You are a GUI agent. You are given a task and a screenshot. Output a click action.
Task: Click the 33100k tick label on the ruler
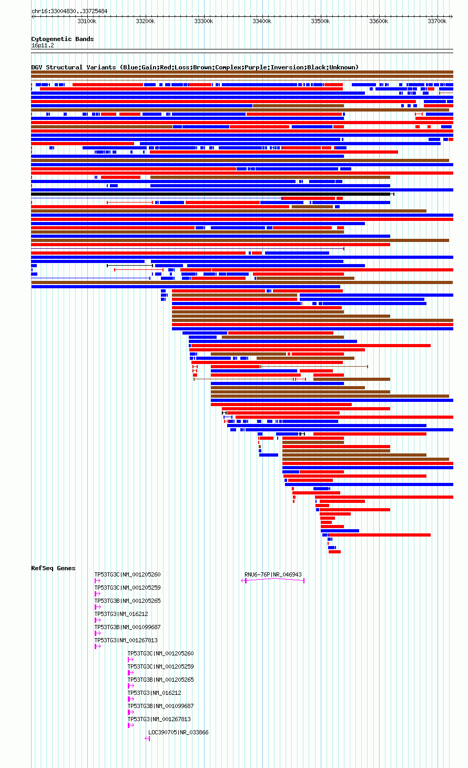click(x=87, y=21)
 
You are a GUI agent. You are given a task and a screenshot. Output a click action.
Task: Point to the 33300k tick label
click(x=204, y=21)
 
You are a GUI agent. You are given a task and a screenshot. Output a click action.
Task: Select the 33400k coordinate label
click(x=262, y=21)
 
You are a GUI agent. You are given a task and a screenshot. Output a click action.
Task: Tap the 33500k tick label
click(x=320, y=21)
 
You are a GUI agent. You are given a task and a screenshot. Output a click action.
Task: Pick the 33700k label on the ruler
click(x=437, y=21)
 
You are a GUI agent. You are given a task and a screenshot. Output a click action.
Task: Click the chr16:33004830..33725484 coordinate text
click(x=69, y=12)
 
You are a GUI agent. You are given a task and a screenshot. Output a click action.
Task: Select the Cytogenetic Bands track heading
click(x=63, y=39)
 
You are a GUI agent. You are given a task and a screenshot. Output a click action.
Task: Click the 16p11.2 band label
click(x=43, y=46)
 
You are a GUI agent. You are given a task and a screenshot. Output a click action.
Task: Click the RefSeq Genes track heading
click(x=53, y=568)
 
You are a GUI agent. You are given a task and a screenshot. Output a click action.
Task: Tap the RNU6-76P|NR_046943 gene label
click(x=273, y=574)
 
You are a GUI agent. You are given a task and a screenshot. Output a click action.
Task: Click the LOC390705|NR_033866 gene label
click(x=178, y=732)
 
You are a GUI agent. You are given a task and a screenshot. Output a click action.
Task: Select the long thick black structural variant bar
click(x=210, y=194)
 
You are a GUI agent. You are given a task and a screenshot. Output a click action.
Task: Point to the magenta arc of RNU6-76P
click(x=274, y=579)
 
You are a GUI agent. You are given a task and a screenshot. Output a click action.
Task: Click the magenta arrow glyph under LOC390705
click(x=147, y=739)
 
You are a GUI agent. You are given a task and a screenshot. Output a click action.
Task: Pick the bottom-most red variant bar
click(x=334, y=552)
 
